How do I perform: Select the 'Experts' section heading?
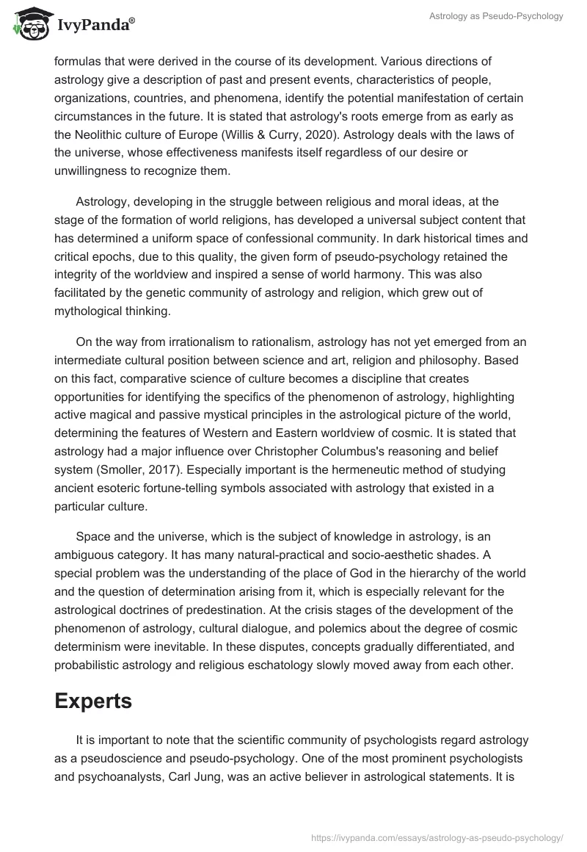pyautogui.click(x=93, y=701)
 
